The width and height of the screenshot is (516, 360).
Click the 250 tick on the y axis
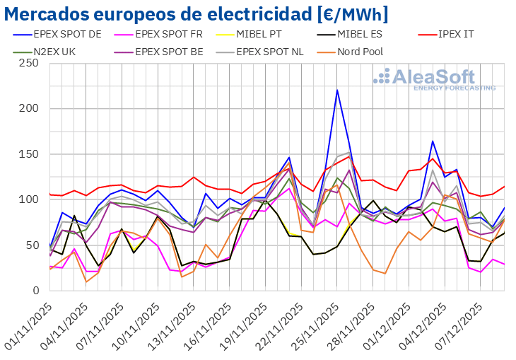[x=28, y=63]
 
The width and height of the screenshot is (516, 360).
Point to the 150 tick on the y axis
[x=28, y=154]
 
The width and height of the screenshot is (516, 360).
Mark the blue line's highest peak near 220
[x=337, y=90]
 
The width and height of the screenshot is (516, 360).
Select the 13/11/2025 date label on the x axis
[x=174, y=322]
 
